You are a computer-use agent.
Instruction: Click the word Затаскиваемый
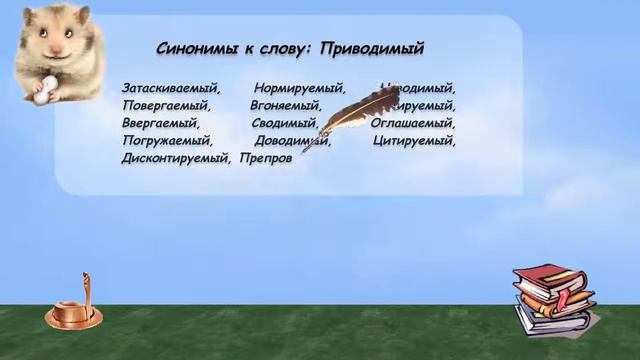pyautogui.click(x=169, y=88)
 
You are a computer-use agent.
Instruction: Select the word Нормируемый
pyautogui.click(x=299, y=88)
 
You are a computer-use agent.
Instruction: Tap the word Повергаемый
pyautogui.click(x=167, y=105)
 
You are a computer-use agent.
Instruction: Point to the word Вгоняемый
pyautogui.click(x=285, y=105)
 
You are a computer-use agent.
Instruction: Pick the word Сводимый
pyautogui.click(x=286, y=123)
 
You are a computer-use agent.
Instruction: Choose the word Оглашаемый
pyautogui.click(x=412, y=123)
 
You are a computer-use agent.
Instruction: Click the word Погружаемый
pyautogui.click(x=167, y=141)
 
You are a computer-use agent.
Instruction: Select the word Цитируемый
pyautogui.click(x=414, y=141)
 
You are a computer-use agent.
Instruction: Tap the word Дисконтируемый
pyautogui.click(x=176, y=159)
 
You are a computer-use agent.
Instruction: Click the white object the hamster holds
pyautogui.click(x=40, y=91)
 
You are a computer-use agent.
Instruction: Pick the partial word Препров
pyautogui.click(x=265, y=159)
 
